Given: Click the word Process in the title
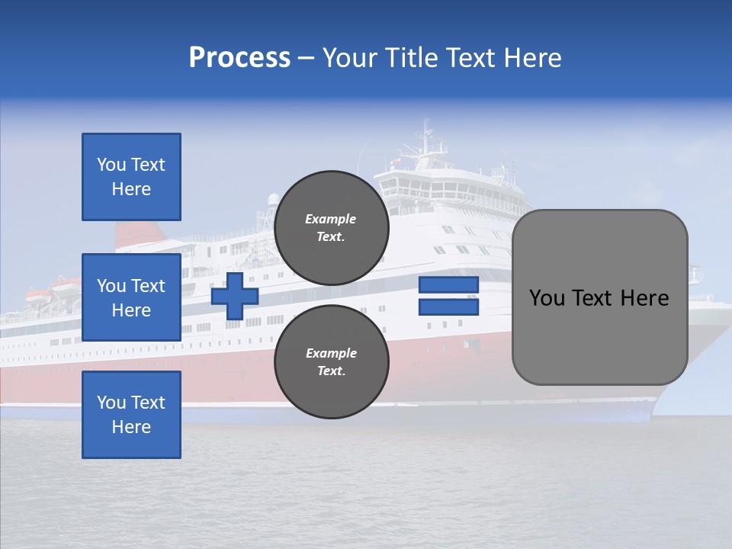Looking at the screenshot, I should click(239, 58).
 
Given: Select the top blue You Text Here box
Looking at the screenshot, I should click(131, 177).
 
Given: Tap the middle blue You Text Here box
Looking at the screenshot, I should click(131, 297).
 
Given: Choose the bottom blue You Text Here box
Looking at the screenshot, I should click(131, 415).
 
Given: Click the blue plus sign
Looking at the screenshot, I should click(234, 296).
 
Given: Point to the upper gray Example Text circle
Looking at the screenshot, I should click(332, 228).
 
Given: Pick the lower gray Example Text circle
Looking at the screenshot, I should click(332, 362).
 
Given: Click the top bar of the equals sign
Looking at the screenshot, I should click(448, 285).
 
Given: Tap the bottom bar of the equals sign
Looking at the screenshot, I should click(448, 307).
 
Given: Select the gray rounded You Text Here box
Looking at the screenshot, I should click(599, 297).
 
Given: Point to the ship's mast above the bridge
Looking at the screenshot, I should click(424, 141).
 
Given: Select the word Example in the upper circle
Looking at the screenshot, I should click(330, 219).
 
